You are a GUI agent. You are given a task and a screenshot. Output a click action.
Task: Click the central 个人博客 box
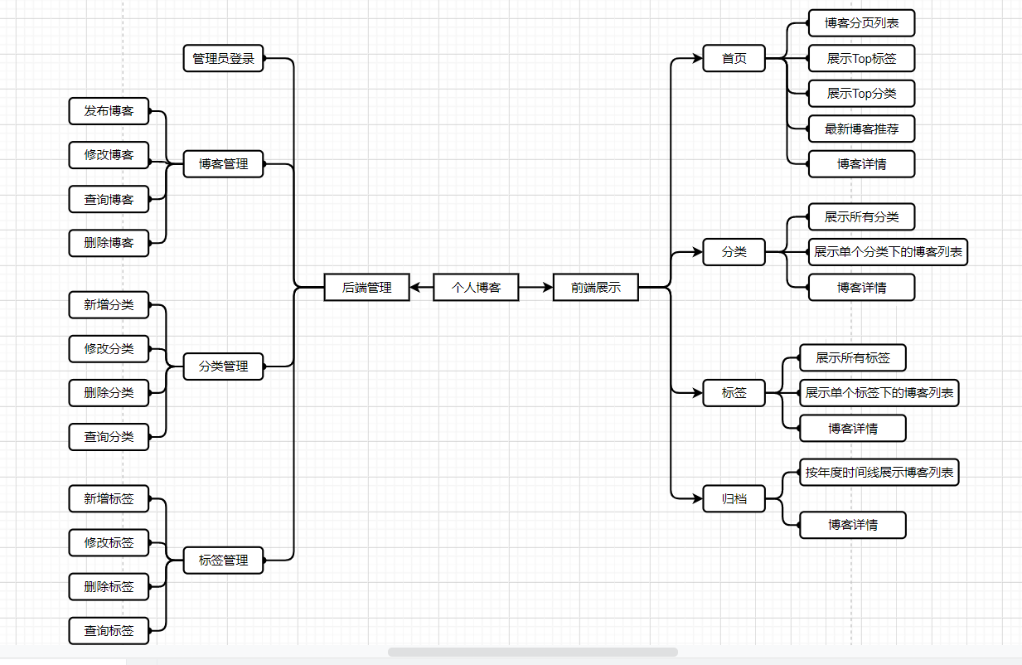(476, 288)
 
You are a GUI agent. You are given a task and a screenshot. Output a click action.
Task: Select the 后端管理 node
(366, 288)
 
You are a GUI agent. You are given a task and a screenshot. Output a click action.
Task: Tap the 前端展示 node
(595, 288)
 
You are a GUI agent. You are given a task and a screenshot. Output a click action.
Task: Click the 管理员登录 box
(223, 59)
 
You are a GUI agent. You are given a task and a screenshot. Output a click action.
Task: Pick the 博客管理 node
(223, 164)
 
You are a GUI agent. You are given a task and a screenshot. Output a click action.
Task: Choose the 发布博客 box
(109, 111)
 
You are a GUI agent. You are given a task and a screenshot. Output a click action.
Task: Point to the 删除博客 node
(109, 243)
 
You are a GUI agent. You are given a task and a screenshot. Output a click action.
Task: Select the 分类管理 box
(223, 366)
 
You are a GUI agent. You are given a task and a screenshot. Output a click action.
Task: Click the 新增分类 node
(109, 305)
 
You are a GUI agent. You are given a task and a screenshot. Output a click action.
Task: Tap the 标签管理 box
(223, 561)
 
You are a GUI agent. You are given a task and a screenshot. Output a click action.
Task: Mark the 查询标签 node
(109, 631)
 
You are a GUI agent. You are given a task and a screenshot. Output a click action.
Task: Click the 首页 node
(734, 59)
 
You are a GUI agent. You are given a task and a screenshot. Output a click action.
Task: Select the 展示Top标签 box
(861, 59)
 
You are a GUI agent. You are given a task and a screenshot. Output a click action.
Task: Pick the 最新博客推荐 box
(861, 129)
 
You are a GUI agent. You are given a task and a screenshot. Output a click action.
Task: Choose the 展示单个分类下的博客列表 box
(888, 252)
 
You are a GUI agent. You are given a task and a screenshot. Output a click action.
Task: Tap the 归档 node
(734, 499)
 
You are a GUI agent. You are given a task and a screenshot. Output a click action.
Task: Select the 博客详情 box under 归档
(852, 525)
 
